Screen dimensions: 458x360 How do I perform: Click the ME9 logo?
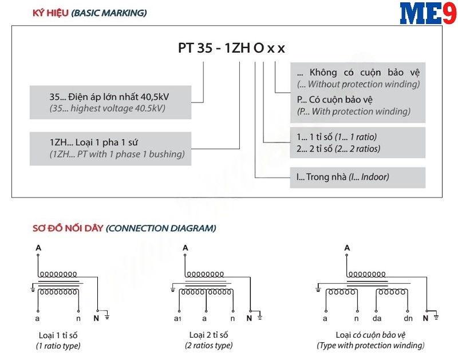pyautogui.click(x=428, y=13)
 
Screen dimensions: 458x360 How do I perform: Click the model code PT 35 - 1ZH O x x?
pyautogui.click(x=231, y=48)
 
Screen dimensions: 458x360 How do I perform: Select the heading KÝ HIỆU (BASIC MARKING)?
pyautogui.click(x=90, y=13)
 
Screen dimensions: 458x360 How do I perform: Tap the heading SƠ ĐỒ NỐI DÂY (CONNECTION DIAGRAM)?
pyautogui.click(x=124, y=228)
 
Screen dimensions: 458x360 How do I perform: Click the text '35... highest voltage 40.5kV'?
pyautogui.click(x=107, y=108)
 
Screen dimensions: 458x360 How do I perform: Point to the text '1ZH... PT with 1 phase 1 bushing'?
pyautogui.click(x=117, y=154)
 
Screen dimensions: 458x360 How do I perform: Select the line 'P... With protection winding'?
pyautogui.click(x=354, y=111)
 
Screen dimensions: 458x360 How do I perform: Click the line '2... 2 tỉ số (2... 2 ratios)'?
pyautogui.click(x=338, y=149)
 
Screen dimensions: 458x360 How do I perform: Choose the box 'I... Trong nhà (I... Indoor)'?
pyautogui.click(x=357, y=177)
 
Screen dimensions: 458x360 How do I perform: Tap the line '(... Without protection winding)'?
pyautogui.click(x=358, y=84)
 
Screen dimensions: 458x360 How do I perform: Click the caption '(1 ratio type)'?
pyautogui.click(x=58, y=346)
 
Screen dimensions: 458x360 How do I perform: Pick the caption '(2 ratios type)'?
pyautogui.click(x=209, y=346)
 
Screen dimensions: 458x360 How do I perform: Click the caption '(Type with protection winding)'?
pyautogui.click(x=370, y=346)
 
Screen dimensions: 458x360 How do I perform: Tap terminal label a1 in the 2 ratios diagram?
pyautogui.click(x=177, y=319)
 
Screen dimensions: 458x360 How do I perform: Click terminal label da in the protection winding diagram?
pyautogui.click(x=377, y=318)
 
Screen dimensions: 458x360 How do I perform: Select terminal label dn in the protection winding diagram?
pyautogui.click(x=408, y=318)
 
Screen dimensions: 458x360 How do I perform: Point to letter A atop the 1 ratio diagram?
pyautogui.click(x=38, y=248)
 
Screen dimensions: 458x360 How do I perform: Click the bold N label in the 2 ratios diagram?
pyautogui.click(x=249, y=318)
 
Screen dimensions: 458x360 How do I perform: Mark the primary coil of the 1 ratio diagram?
pyautogui.click(x=58, y=274)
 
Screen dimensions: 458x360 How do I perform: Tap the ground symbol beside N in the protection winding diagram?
pyautogui.click(x=436, y=317)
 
